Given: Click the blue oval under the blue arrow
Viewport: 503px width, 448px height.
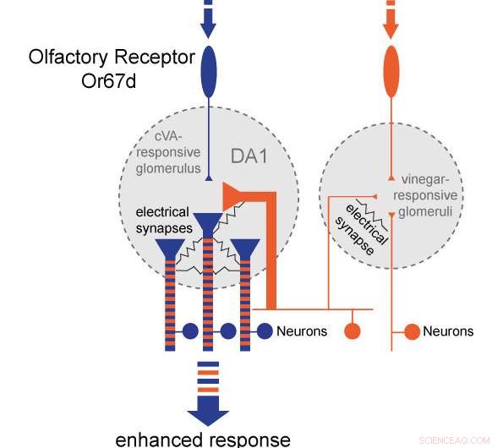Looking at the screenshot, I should point(208,74).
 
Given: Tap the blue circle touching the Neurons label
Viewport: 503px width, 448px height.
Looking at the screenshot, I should point(265,331).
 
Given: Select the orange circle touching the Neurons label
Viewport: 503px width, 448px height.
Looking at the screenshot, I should point(412,331).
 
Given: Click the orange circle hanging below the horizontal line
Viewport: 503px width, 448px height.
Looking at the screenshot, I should point(352,331).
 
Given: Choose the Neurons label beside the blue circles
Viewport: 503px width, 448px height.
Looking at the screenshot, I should point(302,331).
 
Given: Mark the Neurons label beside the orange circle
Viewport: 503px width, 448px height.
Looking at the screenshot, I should point(448,331).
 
